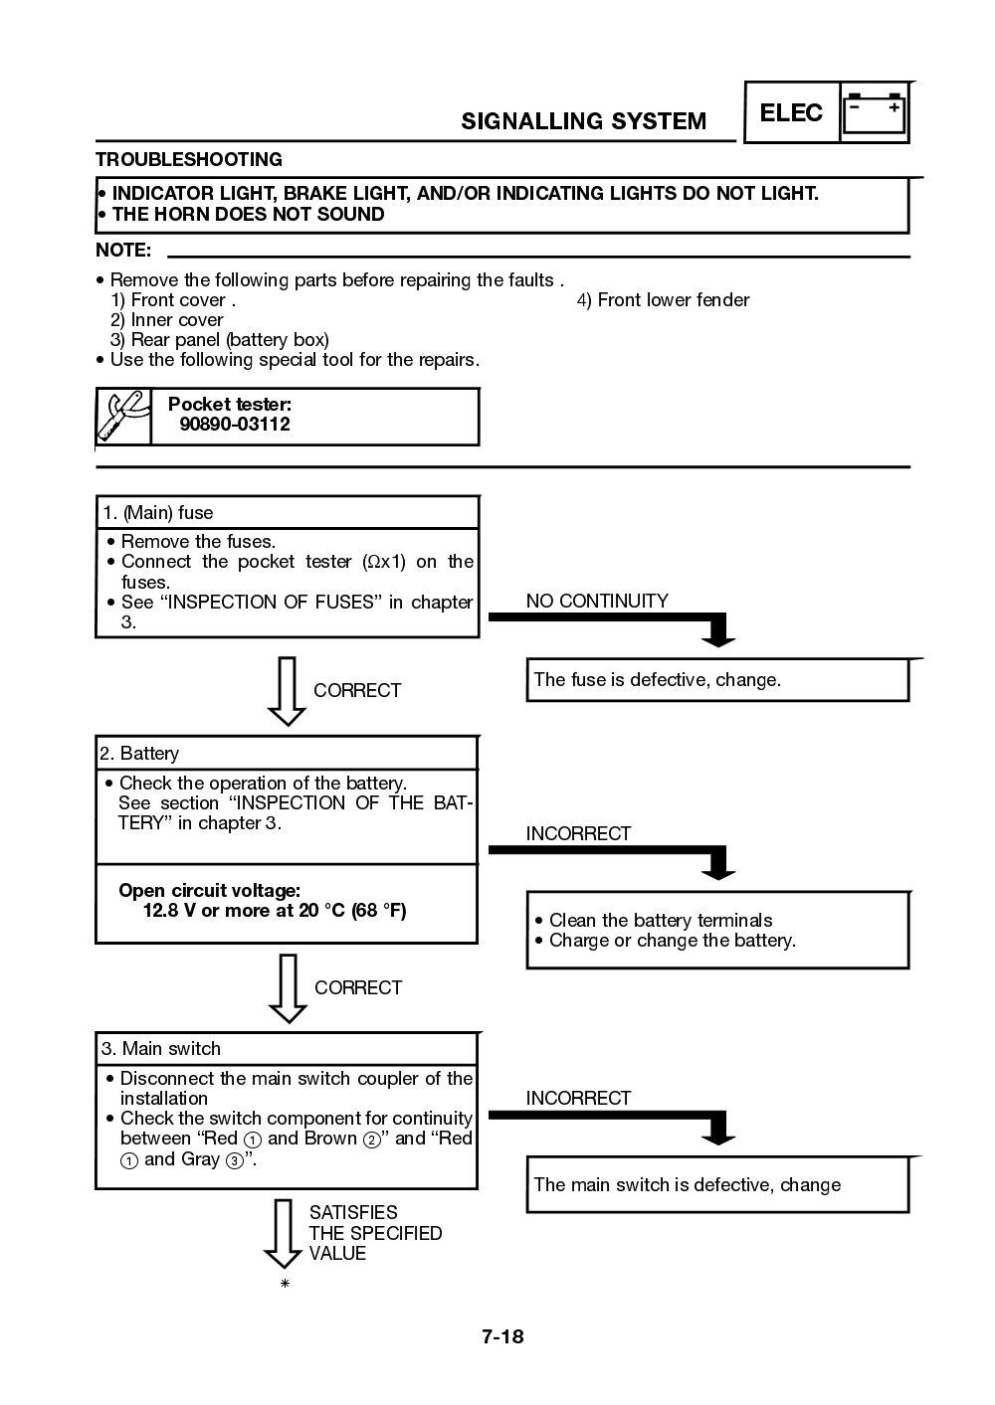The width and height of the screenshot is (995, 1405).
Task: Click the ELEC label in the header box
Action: pos(791,113)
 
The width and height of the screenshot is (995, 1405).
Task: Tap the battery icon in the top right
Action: pos(875,113)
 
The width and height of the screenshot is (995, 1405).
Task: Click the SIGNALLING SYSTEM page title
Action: pos(583,121)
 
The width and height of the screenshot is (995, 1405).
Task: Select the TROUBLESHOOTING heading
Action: pos(188,160)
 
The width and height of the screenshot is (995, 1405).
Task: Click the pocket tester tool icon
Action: pos(123,416)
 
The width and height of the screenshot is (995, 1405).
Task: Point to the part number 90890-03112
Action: pos(235,425)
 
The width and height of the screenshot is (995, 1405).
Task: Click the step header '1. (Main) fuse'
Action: pos(157,513)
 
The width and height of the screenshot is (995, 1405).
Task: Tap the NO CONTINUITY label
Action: pos(597,601)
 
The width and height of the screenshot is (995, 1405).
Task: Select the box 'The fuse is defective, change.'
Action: pos(716,680)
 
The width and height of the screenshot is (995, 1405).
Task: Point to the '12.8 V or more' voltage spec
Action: pos(274,911)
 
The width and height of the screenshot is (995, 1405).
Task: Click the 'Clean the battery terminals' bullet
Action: pos(660,920)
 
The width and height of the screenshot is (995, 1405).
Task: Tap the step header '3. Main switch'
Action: pos(160,1049)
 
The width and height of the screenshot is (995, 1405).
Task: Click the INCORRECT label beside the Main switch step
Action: pos(578,1098)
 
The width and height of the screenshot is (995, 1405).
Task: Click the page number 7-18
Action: pos(502,1336)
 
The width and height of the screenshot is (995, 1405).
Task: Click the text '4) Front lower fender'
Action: pos(664,300)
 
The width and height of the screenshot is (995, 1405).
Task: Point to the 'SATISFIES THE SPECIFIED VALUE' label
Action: pos(374,1233)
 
